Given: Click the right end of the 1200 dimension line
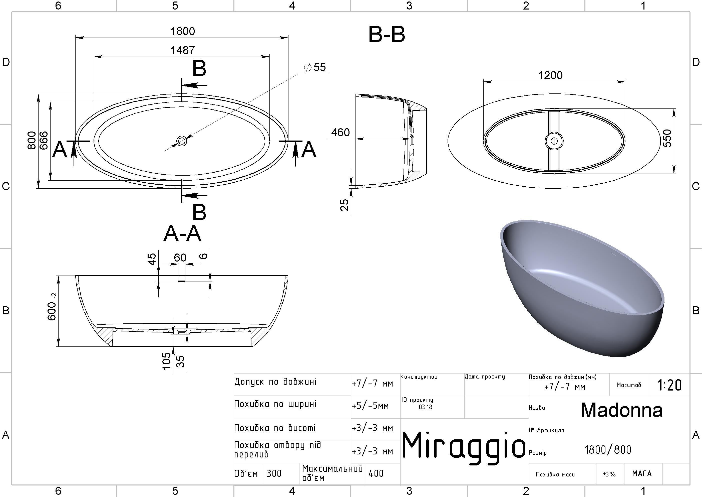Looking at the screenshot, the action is pos(625,82).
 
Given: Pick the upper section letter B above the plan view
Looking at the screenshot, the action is pos(199,68).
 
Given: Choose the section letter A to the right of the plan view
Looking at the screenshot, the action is pos(308,150).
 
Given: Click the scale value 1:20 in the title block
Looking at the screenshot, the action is pos(669,385).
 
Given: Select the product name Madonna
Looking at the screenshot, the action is pos(622,410).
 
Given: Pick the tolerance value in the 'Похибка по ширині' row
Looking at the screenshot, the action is pos(370,406).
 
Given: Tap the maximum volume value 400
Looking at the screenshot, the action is pos(376,473).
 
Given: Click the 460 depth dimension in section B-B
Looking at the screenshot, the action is pos(340,132).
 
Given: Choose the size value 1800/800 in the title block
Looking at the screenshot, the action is pos(608,450).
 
